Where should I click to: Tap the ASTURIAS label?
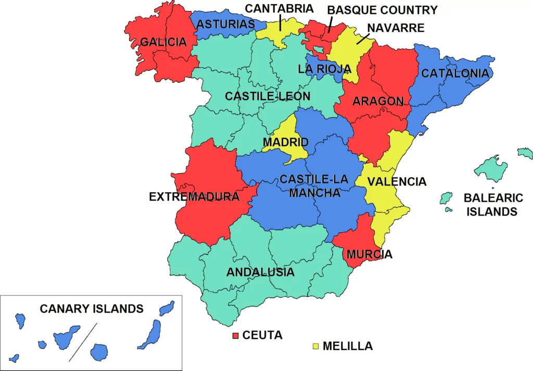(226, 24)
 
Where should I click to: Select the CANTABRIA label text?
(279, 8)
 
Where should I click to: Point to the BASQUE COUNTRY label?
(382, 10)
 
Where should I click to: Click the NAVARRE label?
(395, 27)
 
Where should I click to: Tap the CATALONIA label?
(455, 73)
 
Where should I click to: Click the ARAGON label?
(378, 101)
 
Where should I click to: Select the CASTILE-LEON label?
(268, 96)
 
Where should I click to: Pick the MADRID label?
(285, 142)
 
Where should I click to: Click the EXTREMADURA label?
(194, 197)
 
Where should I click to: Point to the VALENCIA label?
(397, 182)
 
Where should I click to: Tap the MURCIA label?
(370, 255)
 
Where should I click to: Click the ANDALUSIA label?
(260, 272)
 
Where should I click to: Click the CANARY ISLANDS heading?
(92, 308)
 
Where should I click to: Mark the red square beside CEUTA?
(235, 335)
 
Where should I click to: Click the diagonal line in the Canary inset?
(83, 341)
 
